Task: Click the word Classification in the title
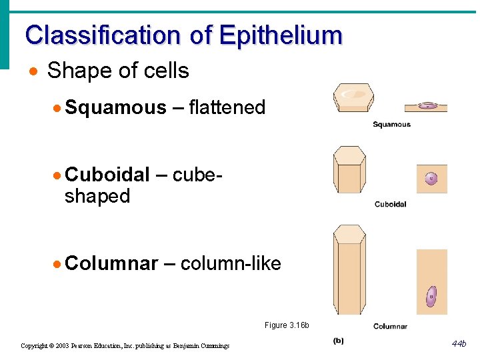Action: click(x=103, y=35)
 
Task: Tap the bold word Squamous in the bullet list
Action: click(x=116, y=107)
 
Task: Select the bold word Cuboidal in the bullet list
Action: click(x=107, y=175)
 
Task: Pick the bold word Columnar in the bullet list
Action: click(x=112, y=264)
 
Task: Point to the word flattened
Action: click(x=227, y=107)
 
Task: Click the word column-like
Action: click(x=231, y=264)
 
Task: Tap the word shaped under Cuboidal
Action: click(x=97, y=197)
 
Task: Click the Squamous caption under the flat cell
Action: click(x=391, y=125)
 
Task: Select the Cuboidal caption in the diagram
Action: click(x=390, y=204)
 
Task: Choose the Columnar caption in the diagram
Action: click(x=390, y=326)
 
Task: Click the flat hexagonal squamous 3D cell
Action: click(x=353, y=99)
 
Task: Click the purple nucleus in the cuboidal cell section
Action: click(x=431, y=179)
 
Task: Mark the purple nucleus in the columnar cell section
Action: click(x=431, y=296)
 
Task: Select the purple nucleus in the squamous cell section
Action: click(x=427, y=105)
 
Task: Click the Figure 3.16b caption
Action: click(x=287, y=325)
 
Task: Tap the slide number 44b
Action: click(x=459, y=344)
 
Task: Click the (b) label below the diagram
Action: click(x=339, y=341)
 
